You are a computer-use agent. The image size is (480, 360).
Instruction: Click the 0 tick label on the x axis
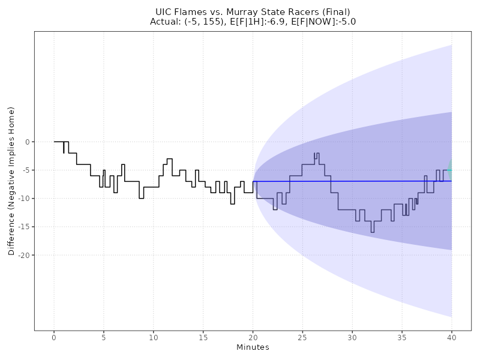tap(54, 338)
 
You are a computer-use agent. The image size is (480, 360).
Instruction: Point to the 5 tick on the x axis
tap(104, 338)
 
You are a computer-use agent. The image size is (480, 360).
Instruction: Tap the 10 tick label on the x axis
tap(154, 338)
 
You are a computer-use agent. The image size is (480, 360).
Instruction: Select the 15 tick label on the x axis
tap(203, 338)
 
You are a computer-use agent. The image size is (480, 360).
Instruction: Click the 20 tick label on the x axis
tap(253, 338)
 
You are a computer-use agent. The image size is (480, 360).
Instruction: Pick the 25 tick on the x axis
tap(302, 338)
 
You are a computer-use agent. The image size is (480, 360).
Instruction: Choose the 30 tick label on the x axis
tap(352, 338)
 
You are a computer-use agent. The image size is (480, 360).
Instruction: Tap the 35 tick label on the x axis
tap(402, 338)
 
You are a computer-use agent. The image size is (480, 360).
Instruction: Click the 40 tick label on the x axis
tap(452, 338)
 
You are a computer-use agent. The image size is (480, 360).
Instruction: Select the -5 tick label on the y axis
tap(25, 170)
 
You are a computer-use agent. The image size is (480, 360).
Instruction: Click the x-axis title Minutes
tap(253, 347)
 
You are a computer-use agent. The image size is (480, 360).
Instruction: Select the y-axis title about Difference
tap(11, 181)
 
